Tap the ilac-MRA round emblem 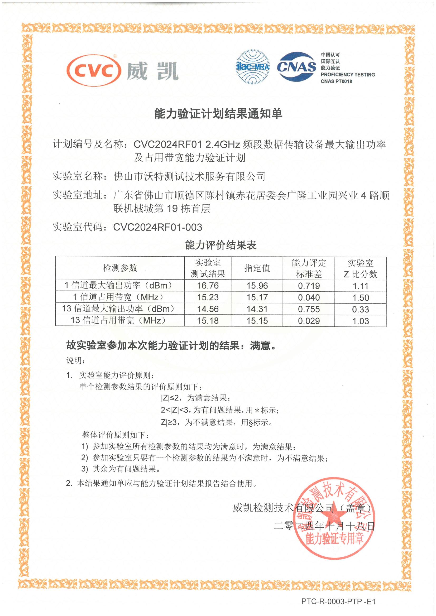(x=253, y=66)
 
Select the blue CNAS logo (x=297, y=66)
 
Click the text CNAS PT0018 (x=336, y=81)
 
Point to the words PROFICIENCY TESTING (x=348, y=75)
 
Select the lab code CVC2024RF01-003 (x=157, y=227)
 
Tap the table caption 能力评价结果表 (x=221, y=245)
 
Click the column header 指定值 (x=257, y=268)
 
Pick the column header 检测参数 (x=120, y=268)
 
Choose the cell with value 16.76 (x=208, y=286)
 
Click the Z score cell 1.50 (x=361, y=298)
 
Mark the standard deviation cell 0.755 (x=309, y=309)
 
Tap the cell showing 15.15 (x=257, y=321)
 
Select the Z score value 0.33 (x=361, y=310)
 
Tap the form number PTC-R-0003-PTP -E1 (x=338, y=601)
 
